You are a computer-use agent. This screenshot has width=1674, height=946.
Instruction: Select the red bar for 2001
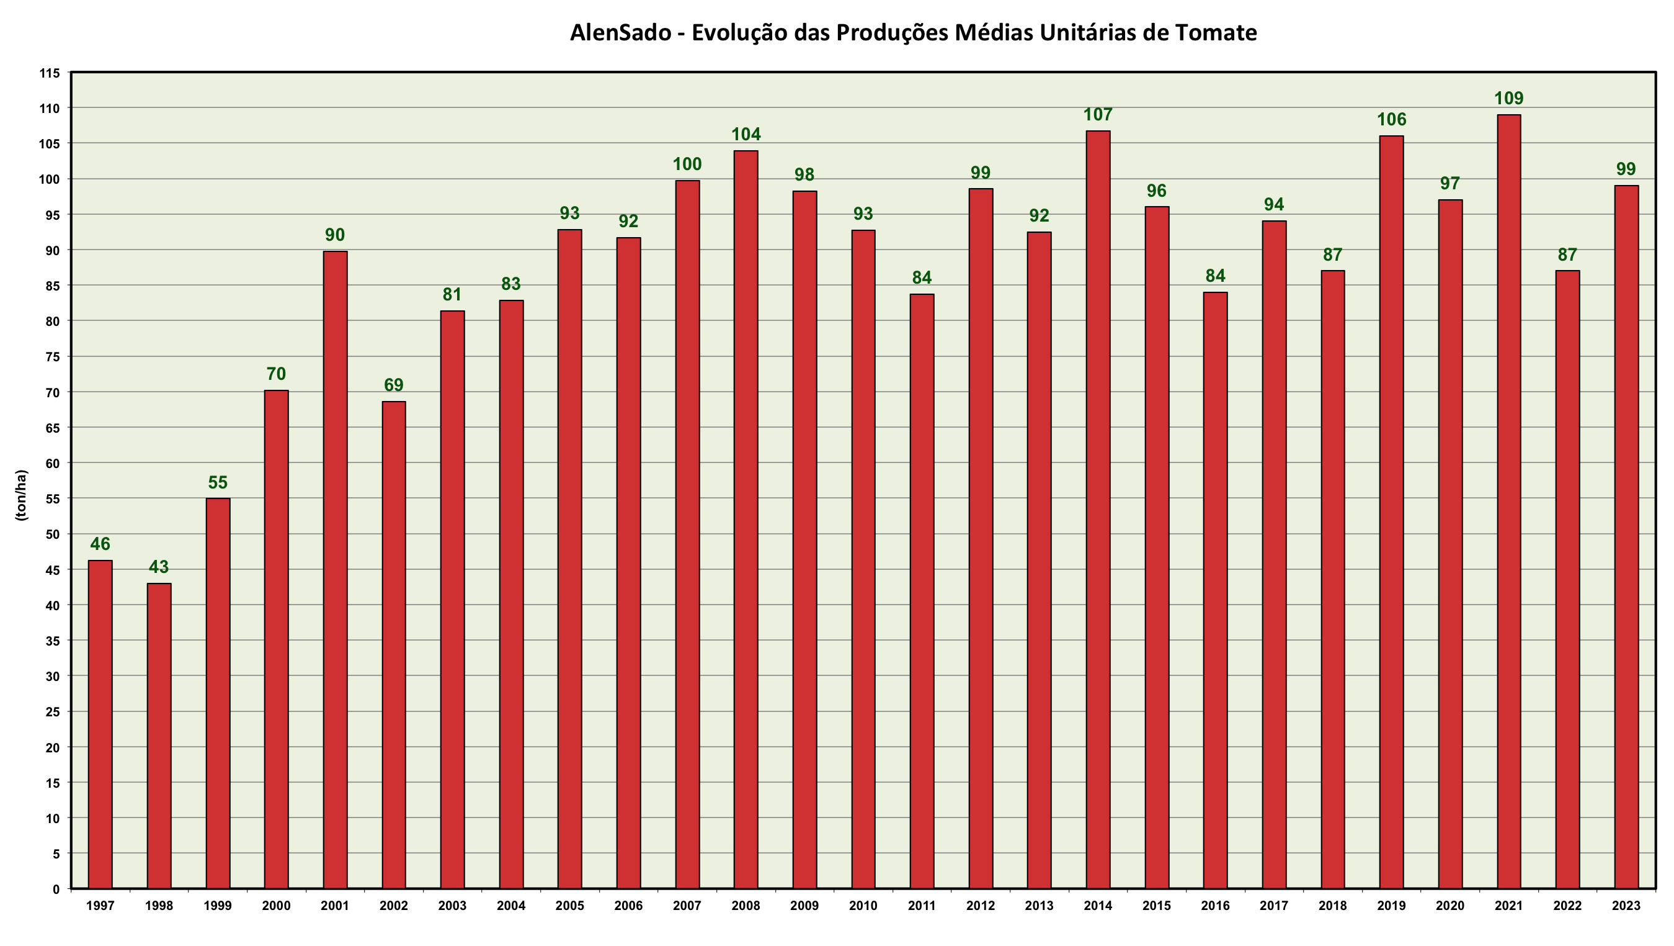tap(336, 570)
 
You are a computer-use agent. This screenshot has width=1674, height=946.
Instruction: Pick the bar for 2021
tap(1508, 502)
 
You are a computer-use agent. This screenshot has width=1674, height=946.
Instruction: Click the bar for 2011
tap(922, 591)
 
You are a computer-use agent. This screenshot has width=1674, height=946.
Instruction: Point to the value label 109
tap(1508, 99)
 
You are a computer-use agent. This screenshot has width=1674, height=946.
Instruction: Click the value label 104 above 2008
tap(746, 135)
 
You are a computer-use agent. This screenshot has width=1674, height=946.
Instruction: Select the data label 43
tap(159, 567)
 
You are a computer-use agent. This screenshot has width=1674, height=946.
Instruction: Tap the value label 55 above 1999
tap(218, 483)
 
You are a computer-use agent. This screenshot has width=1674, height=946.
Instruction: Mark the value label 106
tap(1391, 120)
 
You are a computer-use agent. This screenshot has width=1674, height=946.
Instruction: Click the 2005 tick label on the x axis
tap(569, 906)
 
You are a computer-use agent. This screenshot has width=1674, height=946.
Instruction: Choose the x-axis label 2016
tap(1214, 906)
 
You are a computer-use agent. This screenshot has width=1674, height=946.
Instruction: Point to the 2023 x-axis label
tap(1626, 906)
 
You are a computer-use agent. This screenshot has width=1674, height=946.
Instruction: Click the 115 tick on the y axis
tap(50, 73)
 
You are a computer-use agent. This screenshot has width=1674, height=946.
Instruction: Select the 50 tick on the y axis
tap(53, 534)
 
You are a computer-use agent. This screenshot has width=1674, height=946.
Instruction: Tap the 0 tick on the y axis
tap(56, 890)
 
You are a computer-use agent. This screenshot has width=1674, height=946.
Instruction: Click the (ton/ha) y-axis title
tap(22, 495)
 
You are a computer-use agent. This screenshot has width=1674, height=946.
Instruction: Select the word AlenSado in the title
tap(620, 32)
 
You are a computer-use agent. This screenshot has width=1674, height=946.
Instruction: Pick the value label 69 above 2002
tap(393, 385)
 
